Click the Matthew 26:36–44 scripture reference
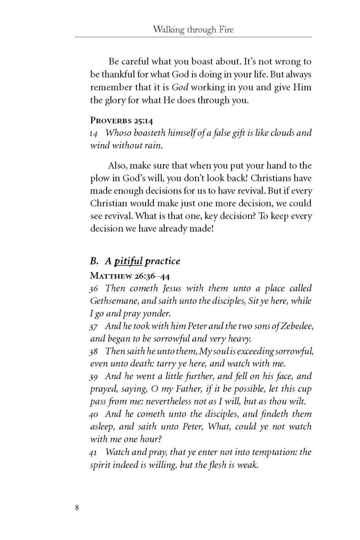click(128, 276)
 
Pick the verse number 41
click(94, 453)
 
